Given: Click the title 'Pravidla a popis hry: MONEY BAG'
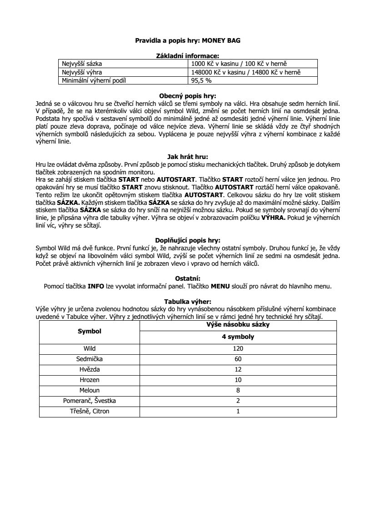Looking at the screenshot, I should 188,40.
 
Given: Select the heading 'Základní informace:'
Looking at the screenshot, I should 188,55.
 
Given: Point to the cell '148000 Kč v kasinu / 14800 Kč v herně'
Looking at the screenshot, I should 246,72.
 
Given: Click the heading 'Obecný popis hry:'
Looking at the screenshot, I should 188,96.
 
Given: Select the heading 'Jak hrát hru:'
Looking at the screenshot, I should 188,157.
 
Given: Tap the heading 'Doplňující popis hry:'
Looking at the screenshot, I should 188,240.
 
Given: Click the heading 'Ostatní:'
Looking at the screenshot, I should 188,278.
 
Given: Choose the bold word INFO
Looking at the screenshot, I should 95,286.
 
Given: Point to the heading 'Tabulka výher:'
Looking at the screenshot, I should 188,301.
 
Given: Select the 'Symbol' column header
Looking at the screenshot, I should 89,332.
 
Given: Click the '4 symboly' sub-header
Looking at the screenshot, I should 238,337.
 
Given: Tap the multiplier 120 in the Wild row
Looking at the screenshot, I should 238,348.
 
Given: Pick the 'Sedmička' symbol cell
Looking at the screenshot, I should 89,359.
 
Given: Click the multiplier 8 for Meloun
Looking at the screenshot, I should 238,390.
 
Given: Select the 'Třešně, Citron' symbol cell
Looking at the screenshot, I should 89,411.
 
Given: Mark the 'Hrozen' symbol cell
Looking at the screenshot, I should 89,380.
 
